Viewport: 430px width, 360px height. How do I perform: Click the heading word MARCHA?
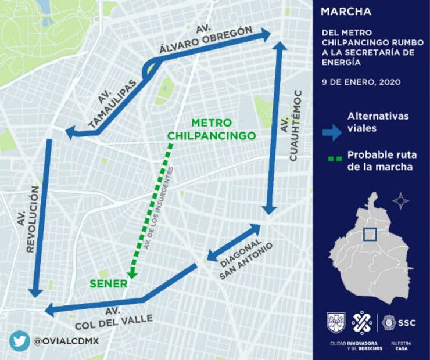click(346, 12)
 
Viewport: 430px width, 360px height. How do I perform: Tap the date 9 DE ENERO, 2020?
click(361, 82)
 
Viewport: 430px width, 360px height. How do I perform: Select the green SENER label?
click(108, 284)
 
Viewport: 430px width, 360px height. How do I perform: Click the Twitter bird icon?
click(19, 341)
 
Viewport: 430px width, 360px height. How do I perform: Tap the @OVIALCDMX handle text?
click(66, 341)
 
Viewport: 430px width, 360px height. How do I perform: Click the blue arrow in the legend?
click(332, 133)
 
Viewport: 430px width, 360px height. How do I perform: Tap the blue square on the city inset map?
click(369, 235)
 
